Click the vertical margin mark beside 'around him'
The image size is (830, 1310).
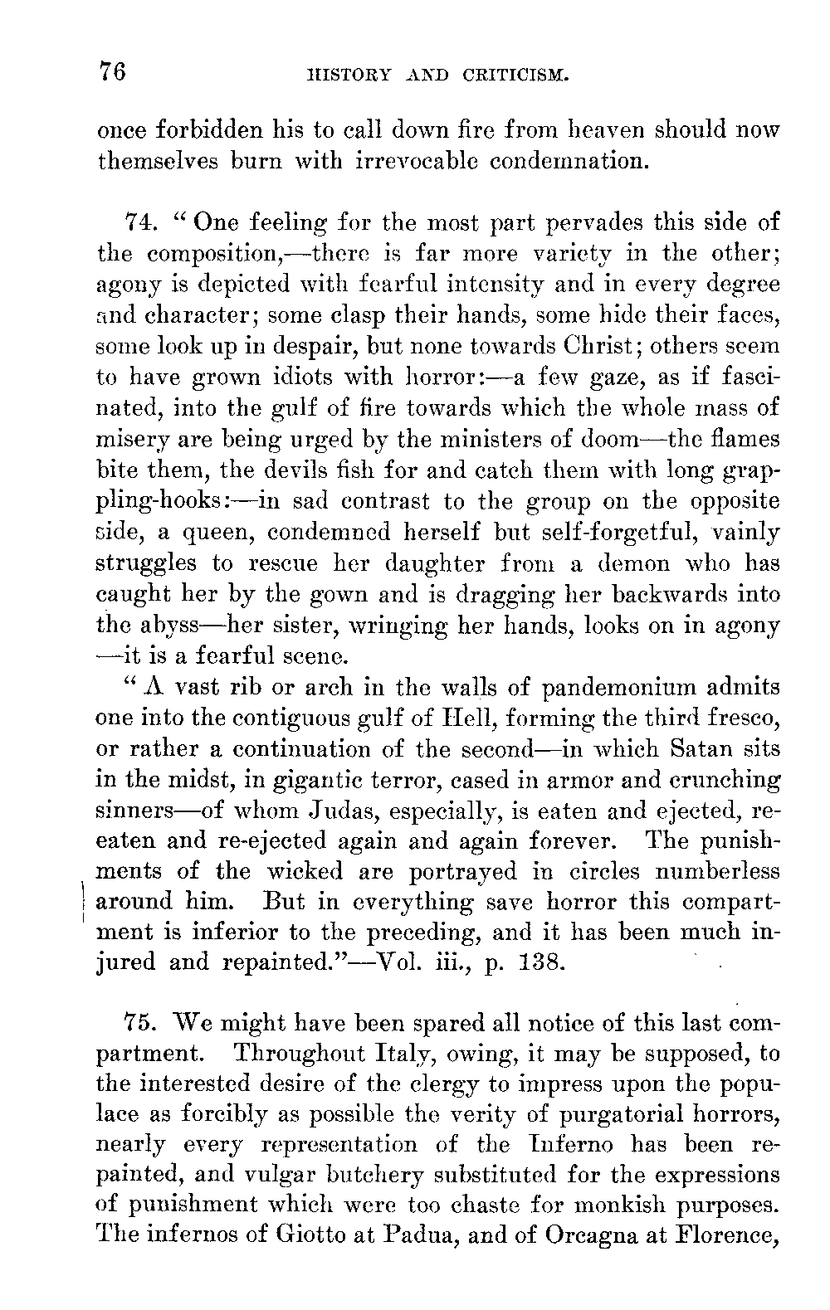(86, 902)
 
